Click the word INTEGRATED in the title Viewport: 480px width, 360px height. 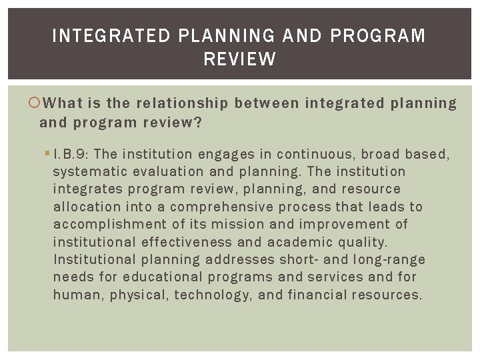[111, 36]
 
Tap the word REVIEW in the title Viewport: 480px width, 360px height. [240, 59]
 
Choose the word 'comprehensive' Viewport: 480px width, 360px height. [223, 207]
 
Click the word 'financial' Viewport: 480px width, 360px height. [317, 294]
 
